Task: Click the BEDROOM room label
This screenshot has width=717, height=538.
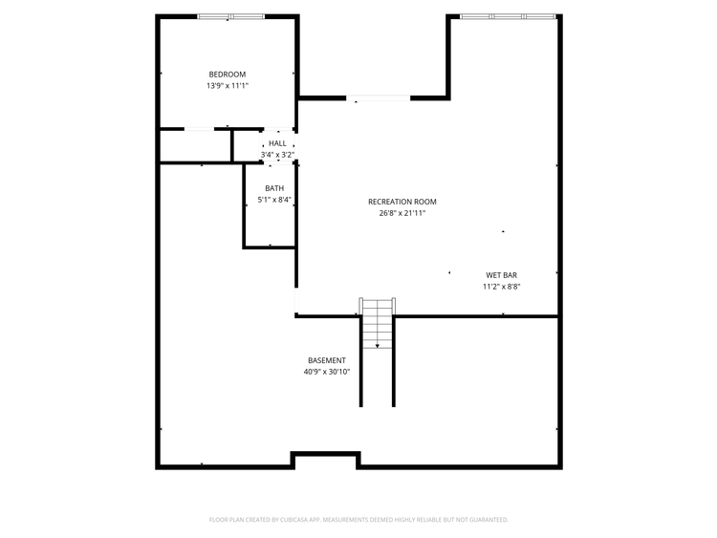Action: (x=228, y=75)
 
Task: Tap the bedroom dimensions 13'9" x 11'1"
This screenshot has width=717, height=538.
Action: (x=228, y=86)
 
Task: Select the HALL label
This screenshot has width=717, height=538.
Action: (x=277, y=143)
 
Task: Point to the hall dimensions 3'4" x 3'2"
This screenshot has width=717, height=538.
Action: (x=277, y=155)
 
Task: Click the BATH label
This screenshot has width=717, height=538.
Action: (x=274, y=188)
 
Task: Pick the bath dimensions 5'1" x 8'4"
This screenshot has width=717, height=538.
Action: (x=274, y=200)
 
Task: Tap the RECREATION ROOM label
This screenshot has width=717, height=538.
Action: (x=402, y=202)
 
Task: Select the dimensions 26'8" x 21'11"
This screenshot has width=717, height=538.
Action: (x=402, y=213)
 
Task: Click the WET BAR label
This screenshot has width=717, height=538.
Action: (x=502, y=275)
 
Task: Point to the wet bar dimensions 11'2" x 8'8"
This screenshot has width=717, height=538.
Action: (x=502, y=287)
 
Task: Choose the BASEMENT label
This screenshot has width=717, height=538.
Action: (x=327, y=360)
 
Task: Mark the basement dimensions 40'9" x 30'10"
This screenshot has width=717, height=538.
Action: (x=327, y=372)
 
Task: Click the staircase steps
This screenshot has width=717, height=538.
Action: (x=378, y=324)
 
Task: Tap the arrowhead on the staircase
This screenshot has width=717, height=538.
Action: (x=378, y=346)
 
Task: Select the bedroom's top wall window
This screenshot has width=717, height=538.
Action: (x=231, y=17)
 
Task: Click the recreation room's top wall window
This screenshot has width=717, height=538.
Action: (x=508, y=17)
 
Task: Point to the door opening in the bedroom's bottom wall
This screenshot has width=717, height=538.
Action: (x=199, y=129)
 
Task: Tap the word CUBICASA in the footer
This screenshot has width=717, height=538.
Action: (x=294, y=520)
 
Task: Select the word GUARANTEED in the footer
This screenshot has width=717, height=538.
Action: (x=490, y=520)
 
